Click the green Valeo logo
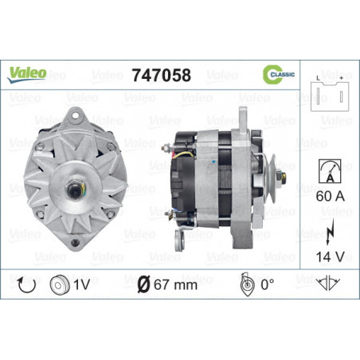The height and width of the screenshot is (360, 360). coord(26,74)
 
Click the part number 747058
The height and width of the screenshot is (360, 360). coord(162,75)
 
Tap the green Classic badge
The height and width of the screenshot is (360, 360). coord(279,75)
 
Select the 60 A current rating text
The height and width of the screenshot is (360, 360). coord(330,196)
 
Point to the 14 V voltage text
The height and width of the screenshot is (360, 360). coord(330,256)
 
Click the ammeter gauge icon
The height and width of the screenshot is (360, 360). coord(330,171)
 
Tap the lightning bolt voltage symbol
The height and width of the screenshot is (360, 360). coord(330,232)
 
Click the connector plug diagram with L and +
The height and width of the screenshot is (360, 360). coord(330,93)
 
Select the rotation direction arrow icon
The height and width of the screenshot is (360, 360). coord(26,285)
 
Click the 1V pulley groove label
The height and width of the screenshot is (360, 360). coord(82,284)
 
